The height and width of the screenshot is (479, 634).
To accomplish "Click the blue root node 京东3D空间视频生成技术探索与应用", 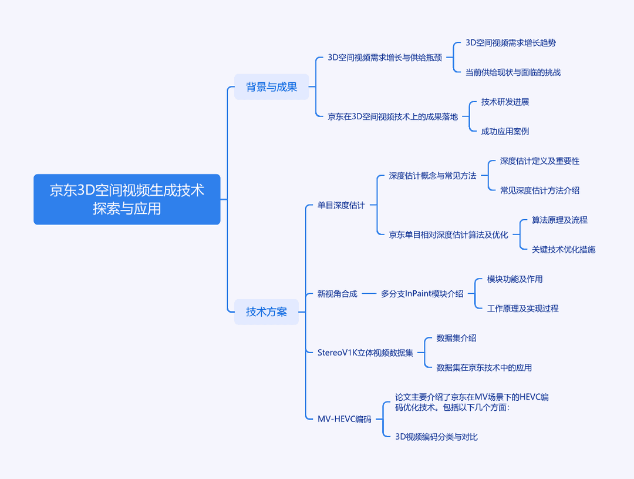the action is click(127, 199).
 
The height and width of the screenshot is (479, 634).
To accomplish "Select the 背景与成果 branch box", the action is click(271, 86).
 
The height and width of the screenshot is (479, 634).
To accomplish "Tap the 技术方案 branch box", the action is click(267, 311).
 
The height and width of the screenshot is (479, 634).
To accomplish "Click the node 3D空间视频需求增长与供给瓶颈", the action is click(385, 58).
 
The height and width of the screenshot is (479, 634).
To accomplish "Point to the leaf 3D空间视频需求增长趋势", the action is click(511, 43).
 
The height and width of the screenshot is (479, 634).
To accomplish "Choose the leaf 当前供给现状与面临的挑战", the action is click(513, 72).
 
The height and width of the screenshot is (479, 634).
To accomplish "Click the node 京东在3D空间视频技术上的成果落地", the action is click(393, 116).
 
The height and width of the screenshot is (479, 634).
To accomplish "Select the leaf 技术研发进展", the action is click(505, 102).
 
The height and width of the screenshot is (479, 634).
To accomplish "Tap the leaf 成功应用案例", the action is click(505, 132).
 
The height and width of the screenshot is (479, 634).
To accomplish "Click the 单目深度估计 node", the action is click(341, 205).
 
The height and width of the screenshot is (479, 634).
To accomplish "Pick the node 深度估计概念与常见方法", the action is click(433, 176).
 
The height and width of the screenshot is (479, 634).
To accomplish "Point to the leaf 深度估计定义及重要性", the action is click(540, 161).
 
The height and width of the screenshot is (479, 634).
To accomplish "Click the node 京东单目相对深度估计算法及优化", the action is click(448, 235).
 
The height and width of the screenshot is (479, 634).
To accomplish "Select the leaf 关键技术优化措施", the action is click(563, 249).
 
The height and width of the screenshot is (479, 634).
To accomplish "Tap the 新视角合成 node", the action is click(337, 293).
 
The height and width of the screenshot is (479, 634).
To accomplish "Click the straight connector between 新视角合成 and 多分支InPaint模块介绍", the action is click(369, 293).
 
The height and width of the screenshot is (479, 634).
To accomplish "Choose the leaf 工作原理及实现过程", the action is click(523, 309).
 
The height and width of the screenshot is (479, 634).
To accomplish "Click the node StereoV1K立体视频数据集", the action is click(365, 353).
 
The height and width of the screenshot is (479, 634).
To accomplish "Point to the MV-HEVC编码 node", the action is click(344, 419).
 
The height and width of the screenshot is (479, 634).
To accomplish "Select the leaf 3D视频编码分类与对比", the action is click(436, 437).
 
